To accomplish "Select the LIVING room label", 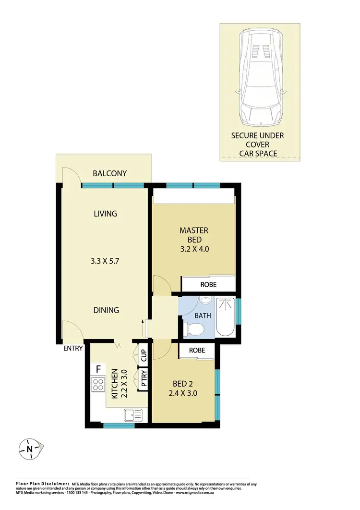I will [x=106, y=213].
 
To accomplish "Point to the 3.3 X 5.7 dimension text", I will [x=106, y=263].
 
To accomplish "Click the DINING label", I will [x=106, y=310].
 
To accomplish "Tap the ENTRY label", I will [x=73, y=349].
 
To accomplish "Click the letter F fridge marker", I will [x=98, y=369].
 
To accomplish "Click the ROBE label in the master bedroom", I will [x=208, y=285].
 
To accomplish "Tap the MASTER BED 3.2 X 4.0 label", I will [x=194, y=240].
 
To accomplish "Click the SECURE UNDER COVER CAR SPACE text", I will [x=257, y=145].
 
